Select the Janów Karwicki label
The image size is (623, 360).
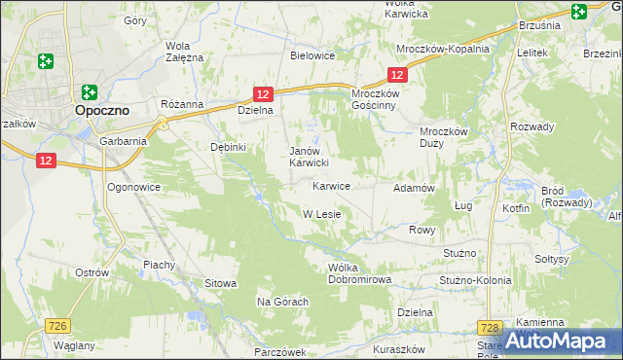[x=313, y=157]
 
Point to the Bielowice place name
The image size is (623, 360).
[x=312, y=55]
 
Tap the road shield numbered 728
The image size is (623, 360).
[x=491, y=329]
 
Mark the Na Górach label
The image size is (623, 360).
[x=282, y=302]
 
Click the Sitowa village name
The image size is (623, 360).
[x=220, y=283]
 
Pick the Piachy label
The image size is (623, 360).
[x=159, y=264]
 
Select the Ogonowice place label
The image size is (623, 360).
[x=132, y=185]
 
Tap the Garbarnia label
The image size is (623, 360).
[x=123, y=140]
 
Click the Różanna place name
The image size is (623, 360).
[x=182, y=103]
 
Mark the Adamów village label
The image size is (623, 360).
[x=412, y=187]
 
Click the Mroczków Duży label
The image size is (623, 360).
[x=444, y=137]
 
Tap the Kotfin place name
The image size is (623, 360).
[x=516, y=208]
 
